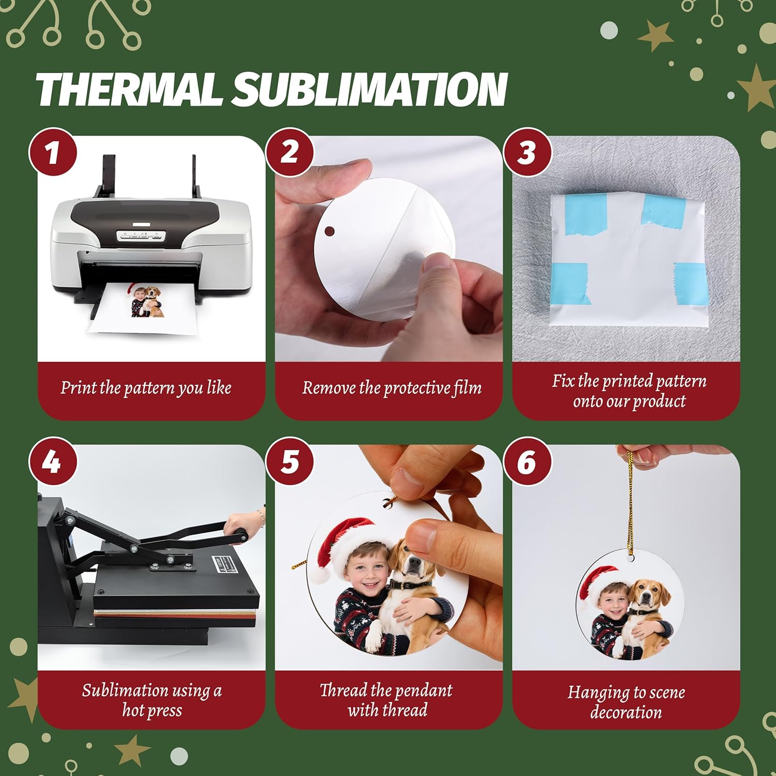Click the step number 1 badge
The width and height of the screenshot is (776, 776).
click(x=52, y=153)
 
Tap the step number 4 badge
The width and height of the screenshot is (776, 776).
click(x=52, y=461)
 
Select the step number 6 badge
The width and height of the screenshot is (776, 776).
click(x=527, y=461)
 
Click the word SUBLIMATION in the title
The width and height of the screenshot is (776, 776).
click(x=369, y=89)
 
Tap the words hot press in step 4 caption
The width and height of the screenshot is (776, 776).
click(x=152, y=710)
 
